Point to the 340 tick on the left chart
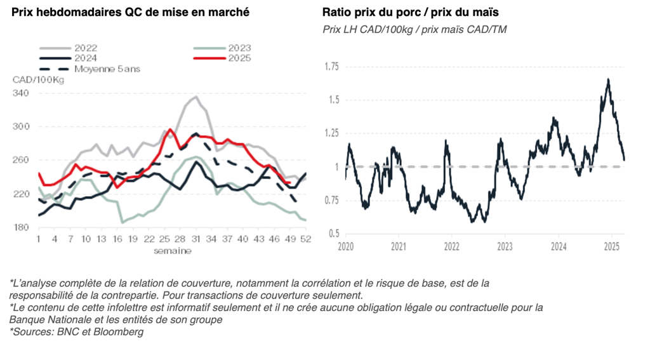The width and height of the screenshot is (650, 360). [x=21, y=93]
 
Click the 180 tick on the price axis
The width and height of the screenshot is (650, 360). [x=21, y=227]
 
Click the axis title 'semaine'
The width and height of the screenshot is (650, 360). [x=172, y=251]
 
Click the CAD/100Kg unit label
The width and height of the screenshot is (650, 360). [x=38, y=79]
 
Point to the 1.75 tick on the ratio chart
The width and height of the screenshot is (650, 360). [x=331, y=67]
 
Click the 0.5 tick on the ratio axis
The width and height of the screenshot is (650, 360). [x=335, y=234]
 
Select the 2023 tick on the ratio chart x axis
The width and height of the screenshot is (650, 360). [x=505, y=246]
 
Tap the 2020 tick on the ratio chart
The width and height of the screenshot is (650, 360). [x=345, y=246]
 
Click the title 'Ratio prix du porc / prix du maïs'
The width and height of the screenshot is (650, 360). [x=410, y=12]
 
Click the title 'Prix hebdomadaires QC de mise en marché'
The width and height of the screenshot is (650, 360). [x=130, y=12]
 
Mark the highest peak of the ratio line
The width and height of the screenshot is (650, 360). [x=608, y=79]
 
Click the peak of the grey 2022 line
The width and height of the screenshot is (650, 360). [x=196, y=97]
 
